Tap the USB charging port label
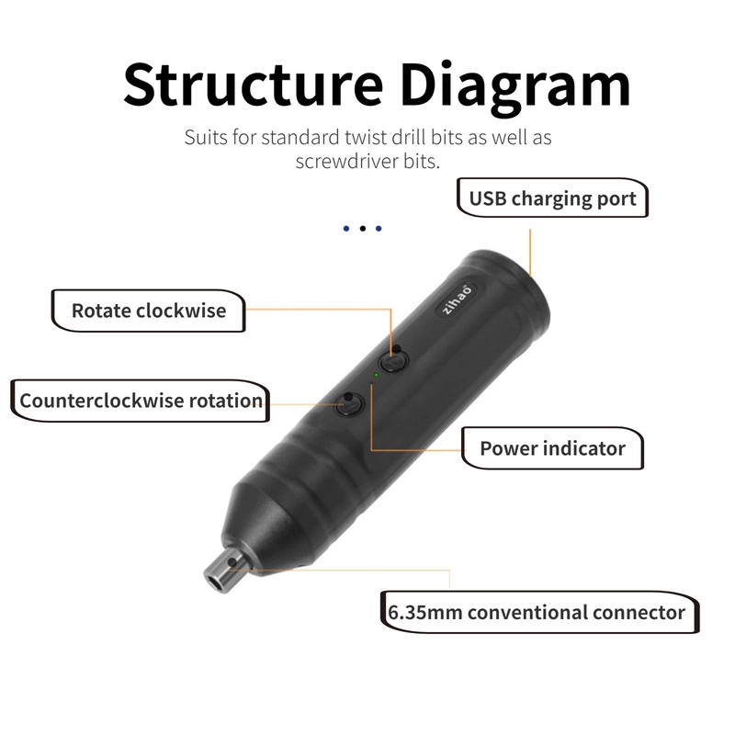click(x=552, y=198)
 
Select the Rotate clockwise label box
click(x=149, y=311)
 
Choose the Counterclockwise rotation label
click(x=141, y=401)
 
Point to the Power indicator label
click(x=552, y=449)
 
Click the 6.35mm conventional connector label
click(x=537, y=612)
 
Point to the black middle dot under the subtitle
click(x=362, y=228)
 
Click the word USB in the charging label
click(x=488, y=198)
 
